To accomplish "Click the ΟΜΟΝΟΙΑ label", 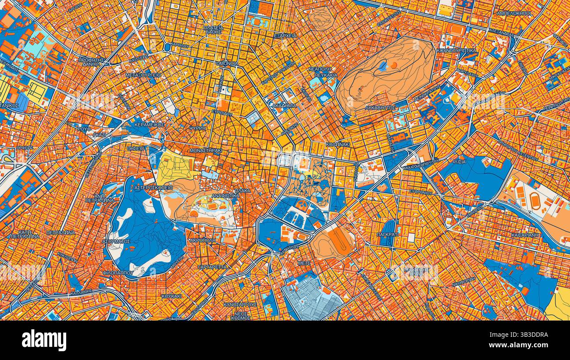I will [227, 64].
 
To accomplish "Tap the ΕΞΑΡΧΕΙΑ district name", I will [285, 36].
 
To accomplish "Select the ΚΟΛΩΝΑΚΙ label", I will [338, 144].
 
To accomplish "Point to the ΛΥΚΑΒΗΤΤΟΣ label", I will [380, 107].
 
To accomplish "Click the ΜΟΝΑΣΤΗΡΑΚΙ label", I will [206, 150].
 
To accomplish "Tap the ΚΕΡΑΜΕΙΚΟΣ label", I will [149, 125].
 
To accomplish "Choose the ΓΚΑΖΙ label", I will [100, 135].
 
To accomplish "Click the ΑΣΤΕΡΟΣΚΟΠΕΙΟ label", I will [153, 188].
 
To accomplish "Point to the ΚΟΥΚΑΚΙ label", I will [171, 296].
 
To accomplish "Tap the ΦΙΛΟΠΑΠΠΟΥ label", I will [117, 272].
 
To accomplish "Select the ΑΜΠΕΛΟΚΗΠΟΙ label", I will [514, 14].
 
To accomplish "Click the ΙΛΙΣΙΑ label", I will [460, 161].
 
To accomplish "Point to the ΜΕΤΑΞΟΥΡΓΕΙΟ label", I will [143, 75].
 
